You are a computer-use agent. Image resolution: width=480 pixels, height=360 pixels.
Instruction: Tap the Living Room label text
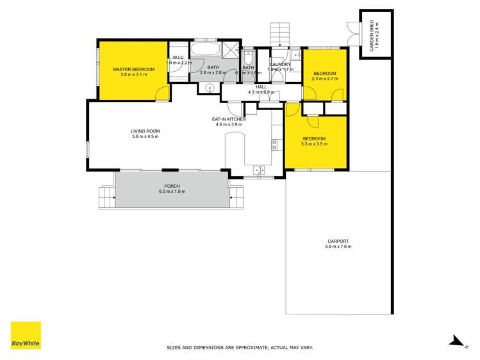coord(145,131)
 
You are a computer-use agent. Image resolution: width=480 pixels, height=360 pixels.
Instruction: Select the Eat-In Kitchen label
coord(229,119)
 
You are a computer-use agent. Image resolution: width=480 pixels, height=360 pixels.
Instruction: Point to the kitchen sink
coord(260,170)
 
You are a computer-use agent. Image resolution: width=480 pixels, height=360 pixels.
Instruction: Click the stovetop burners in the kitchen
coord(274,145)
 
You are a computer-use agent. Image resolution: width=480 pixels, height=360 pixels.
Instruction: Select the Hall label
coord(261,86)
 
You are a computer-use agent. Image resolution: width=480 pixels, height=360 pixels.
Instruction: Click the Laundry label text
coord(281,64)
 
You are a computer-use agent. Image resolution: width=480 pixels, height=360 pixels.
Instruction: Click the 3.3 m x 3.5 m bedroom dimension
coord(314,144)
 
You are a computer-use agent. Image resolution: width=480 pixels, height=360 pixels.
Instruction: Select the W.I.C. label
coord(179,58)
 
